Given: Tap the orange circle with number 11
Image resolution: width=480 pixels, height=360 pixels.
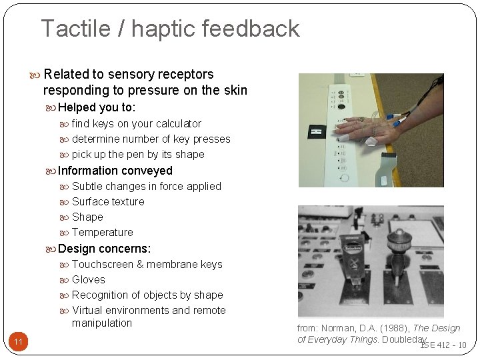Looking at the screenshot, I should click(x=19, y=342).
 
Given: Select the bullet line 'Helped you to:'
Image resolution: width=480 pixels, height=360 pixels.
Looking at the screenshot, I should click(x=97, y=107).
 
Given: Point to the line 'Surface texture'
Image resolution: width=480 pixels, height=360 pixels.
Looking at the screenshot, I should click(x=107, y=201).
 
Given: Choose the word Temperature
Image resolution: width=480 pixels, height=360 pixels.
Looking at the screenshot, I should click(x=102, y=232).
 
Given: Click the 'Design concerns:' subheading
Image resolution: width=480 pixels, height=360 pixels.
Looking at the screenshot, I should click(x=104, y=249).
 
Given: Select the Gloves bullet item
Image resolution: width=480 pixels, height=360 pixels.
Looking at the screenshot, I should click(x=88, y=279).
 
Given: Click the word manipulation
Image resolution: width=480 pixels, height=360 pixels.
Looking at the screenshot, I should click(x=102, y=323).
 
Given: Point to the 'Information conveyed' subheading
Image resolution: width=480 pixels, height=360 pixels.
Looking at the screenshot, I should click(x=115, y=171).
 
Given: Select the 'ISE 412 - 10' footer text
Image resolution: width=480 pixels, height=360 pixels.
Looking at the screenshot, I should click(x=443, y=345).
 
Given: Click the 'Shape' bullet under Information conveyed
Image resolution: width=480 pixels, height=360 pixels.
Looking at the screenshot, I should click(x=87, y=217).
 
